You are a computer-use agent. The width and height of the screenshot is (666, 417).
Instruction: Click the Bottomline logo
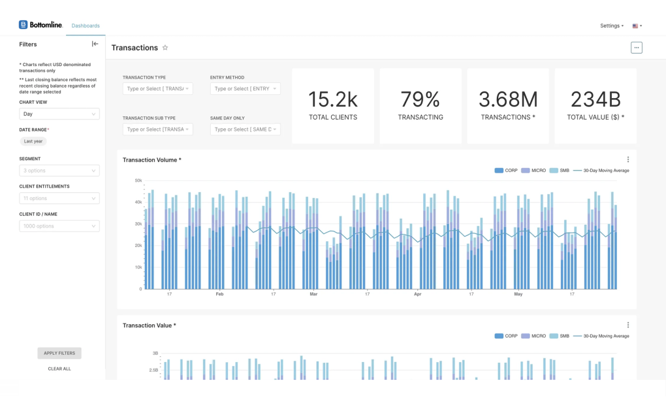click(40, 25)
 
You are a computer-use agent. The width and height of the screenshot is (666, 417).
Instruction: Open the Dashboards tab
click(86, 26)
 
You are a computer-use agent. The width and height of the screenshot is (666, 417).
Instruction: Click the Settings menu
click(611, 26)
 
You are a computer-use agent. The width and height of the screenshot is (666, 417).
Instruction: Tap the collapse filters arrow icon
click(95, 44)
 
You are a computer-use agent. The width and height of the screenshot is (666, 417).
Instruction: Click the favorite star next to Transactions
click(165, 48)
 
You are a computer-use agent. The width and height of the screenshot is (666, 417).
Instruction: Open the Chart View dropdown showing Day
click(59, 114)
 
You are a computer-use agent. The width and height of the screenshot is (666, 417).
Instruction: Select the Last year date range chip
click(33, 141)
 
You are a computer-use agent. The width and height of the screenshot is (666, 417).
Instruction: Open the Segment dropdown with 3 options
click(59, 171)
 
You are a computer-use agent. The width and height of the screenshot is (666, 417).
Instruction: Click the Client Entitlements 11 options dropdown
click(59, 198)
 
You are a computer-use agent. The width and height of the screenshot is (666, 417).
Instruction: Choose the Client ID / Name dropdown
click(59, 226)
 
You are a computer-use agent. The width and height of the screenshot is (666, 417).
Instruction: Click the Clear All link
click(59, 369)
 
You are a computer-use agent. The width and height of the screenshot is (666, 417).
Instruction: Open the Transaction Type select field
click(157, 89)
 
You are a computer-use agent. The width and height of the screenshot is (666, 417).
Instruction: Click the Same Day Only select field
click(245, 129)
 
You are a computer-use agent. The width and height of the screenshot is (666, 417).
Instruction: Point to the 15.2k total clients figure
click(333, 99)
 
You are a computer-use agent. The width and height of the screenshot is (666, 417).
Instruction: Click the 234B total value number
click(595, 99)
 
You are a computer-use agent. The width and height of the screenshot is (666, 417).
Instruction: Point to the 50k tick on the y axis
click(138, 180)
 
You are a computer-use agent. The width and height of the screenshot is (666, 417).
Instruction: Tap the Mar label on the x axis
click(313, 294)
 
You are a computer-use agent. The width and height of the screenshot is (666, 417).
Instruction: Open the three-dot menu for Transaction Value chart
click(628, 325)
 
